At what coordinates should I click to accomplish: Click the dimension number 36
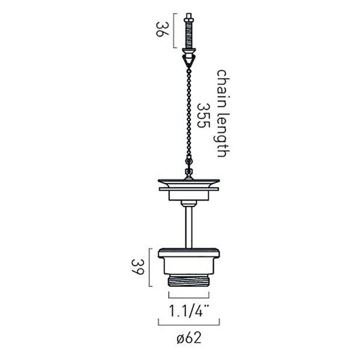163,29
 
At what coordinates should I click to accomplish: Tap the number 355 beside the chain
203,115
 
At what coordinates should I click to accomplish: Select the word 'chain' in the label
223,85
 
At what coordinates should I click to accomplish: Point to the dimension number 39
137,267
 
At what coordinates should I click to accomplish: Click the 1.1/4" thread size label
189,311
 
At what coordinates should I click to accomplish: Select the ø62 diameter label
189,338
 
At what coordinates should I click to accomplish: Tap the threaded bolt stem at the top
189,34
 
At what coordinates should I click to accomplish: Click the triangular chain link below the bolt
189,59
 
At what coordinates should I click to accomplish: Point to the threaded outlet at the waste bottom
189,281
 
